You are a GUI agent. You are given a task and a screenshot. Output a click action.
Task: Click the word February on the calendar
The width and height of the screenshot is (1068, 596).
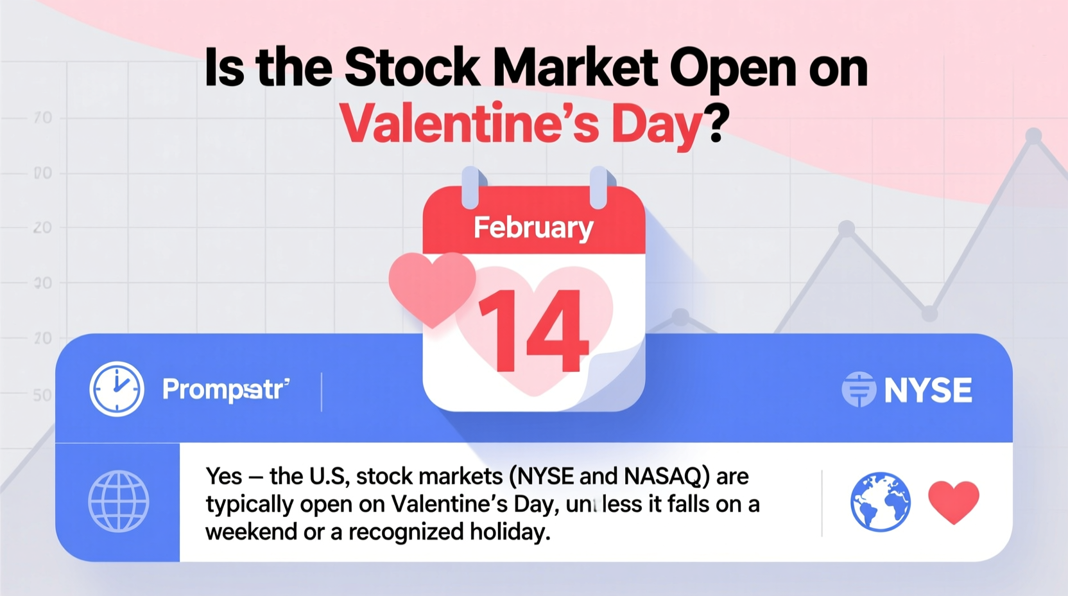[x=533, y=228]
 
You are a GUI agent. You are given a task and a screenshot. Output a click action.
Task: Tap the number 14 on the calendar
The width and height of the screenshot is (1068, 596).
[x=533, y=331]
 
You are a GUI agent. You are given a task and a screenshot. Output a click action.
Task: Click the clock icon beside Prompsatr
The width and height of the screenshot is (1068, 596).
[x=117, y=389]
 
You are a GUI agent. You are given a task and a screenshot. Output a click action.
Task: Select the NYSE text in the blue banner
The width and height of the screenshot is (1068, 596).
[x=928, y=390]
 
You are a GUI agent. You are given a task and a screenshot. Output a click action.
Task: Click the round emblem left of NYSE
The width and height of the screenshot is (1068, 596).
[x=858, y=390]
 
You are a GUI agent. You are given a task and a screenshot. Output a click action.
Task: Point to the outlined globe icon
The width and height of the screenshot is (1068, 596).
[x=119, y=502]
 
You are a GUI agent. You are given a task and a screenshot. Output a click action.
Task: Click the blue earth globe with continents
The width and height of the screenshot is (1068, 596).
[x=880, y=502]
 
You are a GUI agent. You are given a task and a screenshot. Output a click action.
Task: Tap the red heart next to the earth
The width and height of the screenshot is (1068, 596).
[x=954, y=502]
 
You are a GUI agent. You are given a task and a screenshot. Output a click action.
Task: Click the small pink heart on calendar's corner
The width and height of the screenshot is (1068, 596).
[x=432, y=287]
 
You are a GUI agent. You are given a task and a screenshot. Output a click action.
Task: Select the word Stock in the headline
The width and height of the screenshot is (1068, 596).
[x=411, y=68]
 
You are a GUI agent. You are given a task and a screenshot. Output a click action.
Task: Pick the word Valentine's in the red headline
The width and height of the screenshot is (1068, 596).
[x=469, y=123]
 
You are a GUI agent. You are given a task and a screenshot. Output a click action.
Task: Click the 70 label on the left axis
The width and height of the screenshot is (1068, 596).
[x=43, y=118]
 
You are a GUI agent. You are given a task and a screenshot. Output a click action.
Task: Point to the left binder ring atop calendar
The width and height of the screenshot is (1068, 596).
[x=470, y=187]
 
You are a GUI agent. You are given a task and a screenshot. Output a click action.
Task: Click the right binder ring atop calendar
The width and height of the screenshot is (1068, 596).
[x=598, y=187]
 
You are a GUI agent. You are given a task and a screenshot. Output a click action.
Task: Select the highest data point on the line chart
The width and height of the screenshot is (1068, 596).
[x=1033, y=136]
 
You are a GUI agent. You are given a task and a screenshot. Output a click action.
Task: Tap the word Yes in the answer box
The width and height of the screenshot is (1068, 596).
[x=224, y=477]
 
